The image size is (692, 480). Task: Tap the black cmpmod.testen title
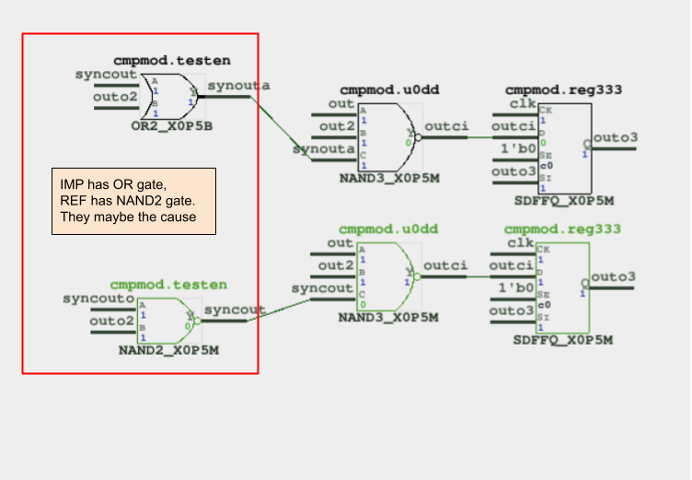(172, 60)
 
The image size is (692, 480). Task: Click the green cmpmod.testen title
(168, 285)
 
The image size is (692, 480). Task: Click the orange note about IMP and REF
(133, 201)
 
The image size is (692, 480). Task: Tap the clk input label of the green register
(521, 243)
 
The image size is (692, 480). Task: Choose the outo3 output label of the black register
(616, 138)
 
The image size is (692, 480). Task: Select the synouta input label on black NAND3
(324, 148)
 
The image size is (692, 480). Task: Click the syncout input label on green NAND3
(322, 288)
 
